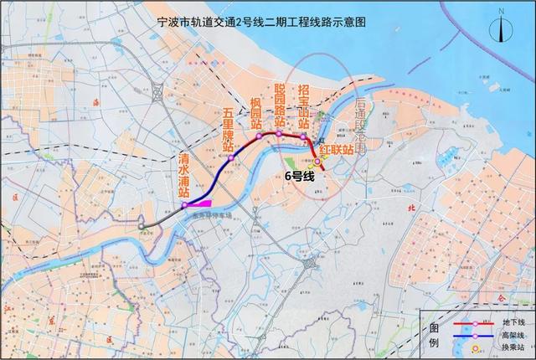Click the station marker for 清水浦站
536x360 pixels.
click(x=184, y=203)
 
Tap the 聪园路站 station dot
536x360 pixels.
click(x=279, y=133)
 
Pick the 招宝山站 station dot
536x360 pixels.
click(x=303, y=136)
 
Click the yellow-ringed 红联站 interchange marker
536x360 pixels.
click(x=317, y=159)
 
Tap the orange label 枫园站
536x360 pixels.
click(x=256, y=115)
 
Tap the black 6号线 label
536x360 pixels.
click(x=299, y=176)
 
